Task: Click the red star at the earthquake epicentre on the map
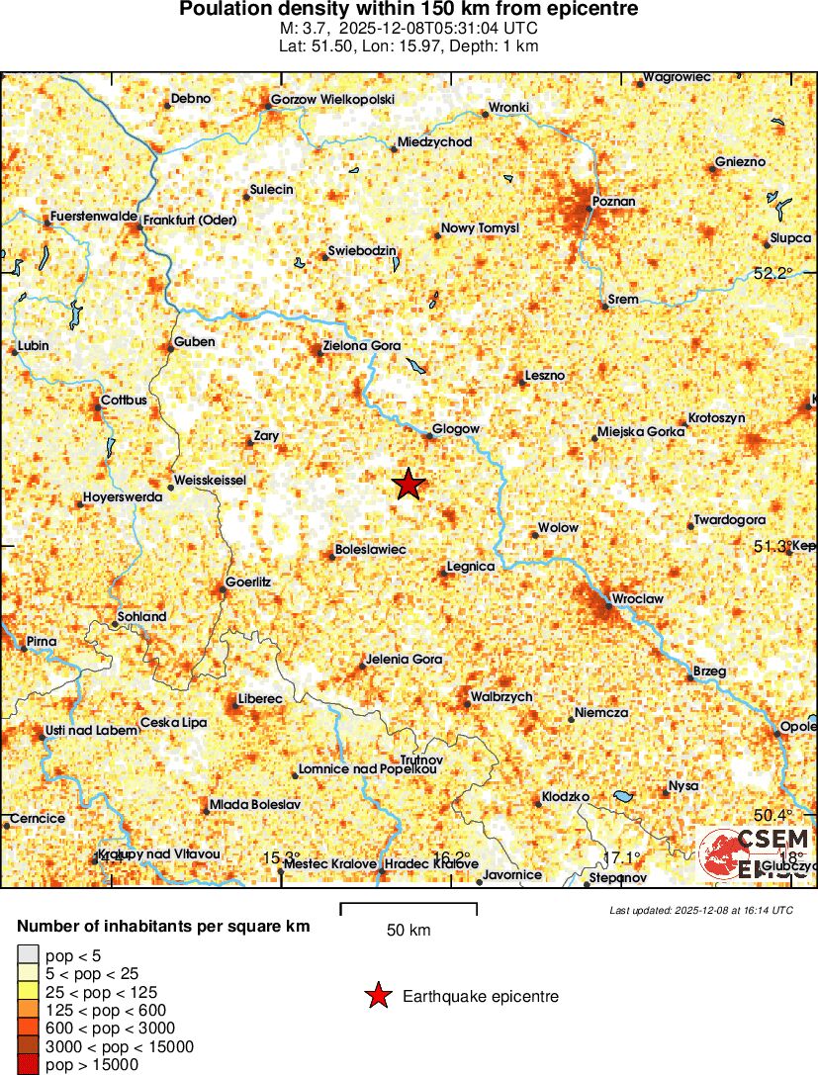[409, 485]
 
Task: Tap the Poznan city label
[613, 202]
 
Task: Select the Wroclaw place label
[638, 599]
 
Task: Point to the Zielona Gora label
[362, 347]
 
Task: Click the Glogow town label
[457, 429]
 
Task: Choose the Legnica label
[471, 567]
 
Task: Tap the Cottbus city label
[124, 401]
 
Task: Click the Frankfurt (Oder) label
[183, 220]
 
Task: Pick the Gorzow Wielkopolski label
[332, 100]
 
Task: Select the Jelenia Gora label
[404, 659]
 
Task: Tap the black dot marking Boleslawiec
[332, 555]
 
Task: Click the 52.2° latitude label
[773, 274]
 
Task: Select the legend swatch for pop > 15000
[28, 1064]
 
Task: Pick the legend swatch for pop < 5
[28, 955]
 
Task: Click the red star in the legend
[377, 997]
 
